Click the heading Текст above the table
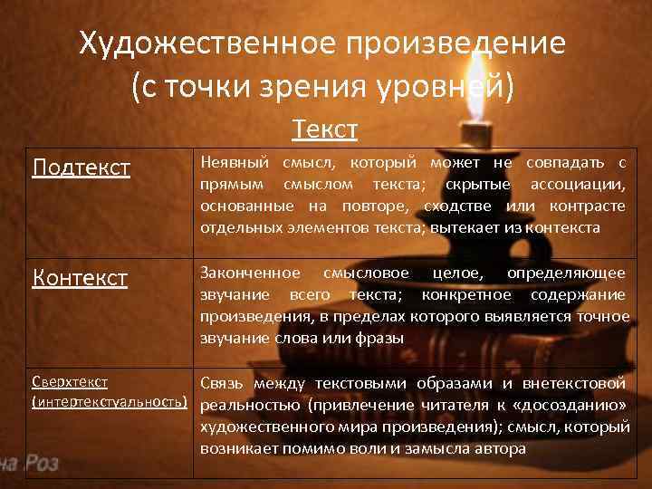(x=325, y=130)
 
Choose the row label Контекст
(x=80, y=277)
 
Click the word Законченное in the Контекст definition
(x=250, y=273)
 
